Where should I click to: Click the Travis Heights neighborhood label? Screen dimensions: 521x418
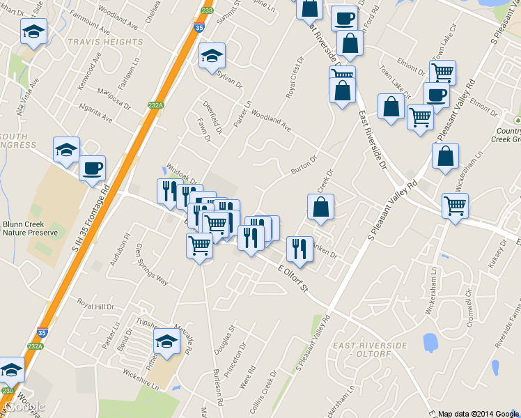(x=105, y=42)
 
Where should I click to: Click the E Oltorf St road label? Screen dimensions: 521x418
(x=293, y=277)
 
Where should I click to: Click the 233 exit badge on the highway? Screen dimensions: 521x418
(x=206, y=10)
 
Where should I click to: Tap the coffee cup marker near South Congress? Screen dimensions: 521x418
(x=92, y=168)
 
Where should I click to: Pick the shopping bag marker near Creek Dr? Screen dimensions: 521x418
(x=320, y=207)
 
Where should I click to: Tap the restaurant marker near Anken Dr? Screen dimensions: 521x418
(x=300, y=249)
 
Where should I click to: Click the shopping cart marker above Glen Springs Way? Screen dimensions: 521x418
(x=200, y=245)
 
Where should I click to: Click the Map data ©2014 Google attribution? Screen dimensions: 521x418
(x=479, y=413)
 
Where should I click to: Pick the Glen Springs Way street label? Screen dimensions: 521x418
(x=152, y=264)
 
